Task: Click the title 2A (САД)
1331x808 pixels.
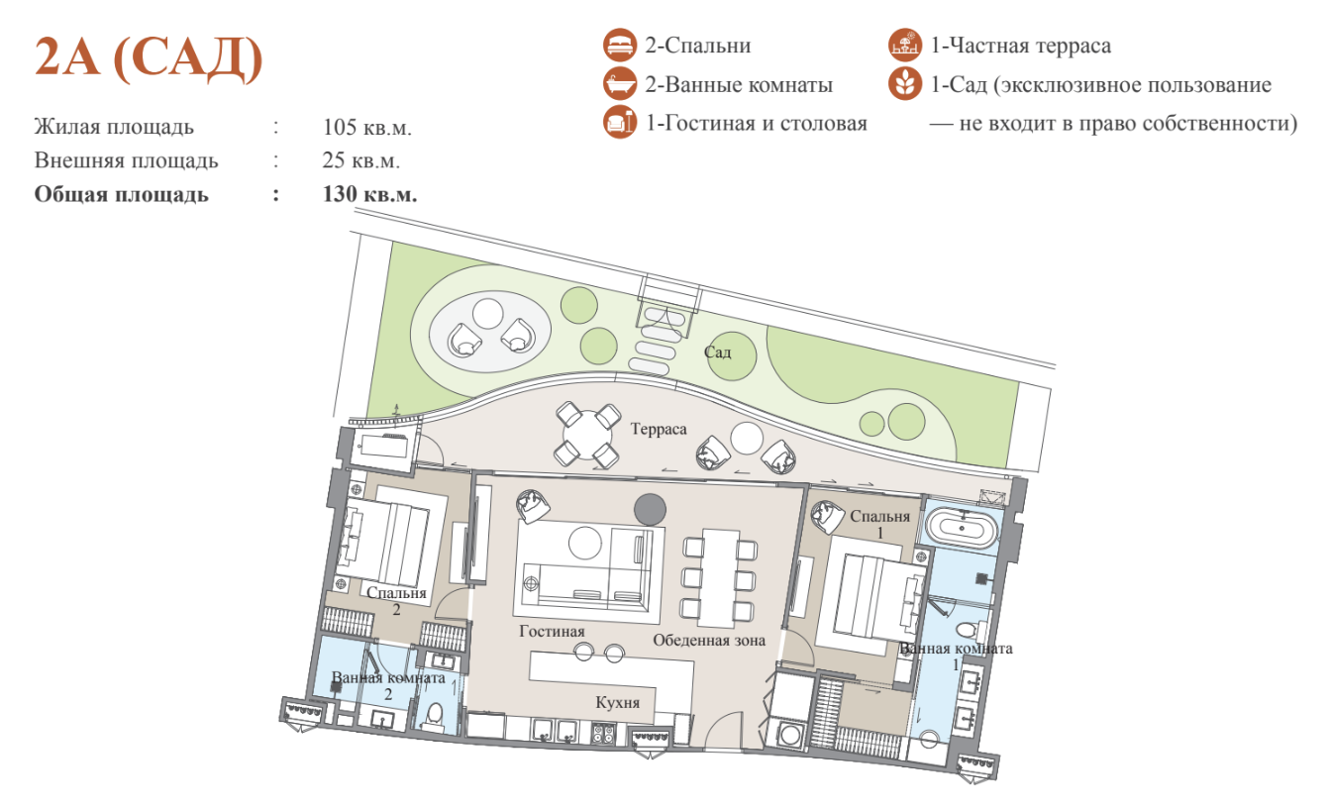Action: click(x=149, y=58)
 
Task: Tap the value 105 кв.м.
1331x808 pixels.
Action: click(x=366, y=127)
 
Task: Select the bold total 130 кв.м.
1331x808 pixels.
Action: click(x=369, y=194)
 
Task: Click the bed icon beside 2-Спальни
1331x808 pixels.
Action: click(x=620, y=46)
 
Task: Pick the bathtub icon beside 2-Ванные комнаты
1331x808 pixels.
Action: click(x=620, y=84)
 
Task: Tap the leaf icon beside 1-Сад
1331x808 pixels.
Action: click(x=905, y=84)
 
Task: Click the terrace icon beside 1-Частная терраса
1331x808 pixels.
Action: click(x=905, y=46)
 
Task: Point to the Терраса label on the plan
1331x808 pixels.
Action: click(x=659, y=429)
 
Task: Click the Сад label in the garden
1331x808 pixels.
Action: click(x=717, y=353)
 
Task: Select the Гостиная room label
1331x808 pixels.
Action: click(x=552, y=631)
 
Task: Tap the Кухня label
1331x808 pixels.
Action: click(x=618, y=702)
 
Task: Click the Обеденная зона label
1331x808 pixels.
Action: click(x=709, y=641)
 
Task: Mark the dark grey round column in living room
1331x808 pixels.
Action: click(x=650, y=510)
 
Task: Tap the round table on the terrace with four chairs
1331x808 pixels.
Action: click(x=586, y=436)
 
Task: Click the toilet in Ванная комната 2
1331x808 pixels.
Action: click(x=435, y=715)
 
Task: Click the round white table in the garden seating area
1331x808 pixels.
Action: click(x=488, y=313)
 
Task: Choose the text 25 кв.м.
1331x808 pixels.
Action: click(x=361, y=160)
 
